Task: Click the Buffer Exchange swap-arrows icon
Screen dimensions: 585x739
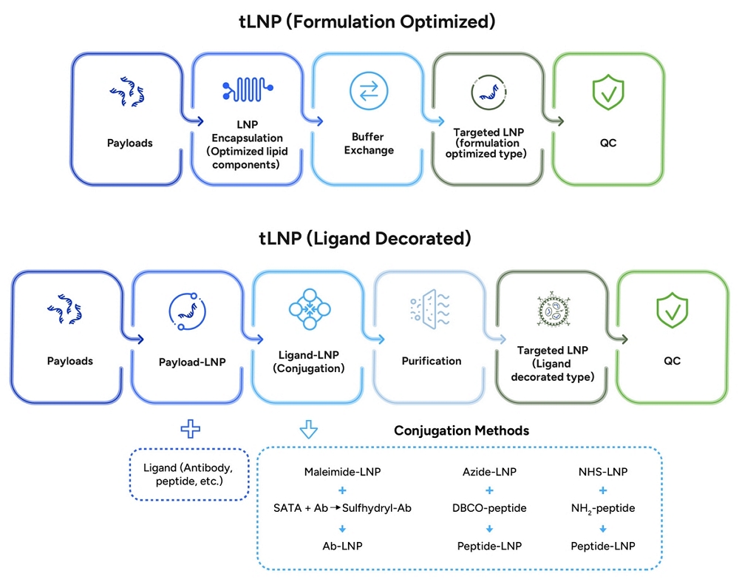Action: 369,90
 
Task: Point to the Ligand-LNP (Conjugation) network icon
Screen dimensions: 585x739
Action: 310,309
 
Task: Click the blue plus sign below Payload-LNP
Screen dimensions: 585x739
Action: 191,428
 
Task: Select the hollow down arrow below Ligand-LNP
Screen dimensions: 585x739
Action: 310,430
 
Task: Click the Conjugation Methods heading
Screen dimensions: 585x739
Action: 461,430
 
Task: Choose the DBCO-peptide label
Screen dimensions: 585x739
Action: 488,508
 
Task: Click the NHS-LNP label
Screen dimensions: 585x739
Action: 603,471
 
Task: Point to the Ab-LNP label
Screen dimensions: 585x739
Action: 341,546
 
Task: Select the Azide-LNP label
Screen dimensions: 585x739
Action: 488,471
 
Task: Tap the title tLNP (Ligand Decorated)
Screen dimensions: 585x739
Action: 369,239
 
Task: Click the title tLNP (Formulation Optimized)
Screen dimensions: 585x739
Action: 369,21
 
